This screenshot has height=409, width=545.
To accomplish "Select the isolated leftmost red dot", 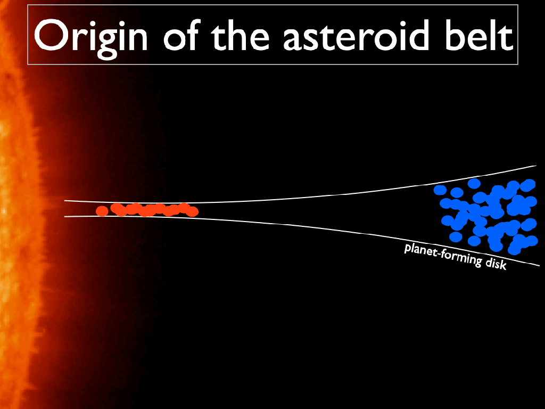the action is (102, 211).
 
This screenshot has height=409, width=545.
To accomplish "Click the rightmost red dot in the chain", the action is (192, 211).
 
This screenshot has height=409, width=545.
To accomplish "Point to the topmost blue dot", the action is (474, 183).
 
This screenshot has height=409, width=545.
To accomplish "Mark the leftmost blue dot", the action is (440, 190).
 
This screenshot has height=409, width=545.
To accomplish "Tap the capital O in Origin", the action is (51, 35).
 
